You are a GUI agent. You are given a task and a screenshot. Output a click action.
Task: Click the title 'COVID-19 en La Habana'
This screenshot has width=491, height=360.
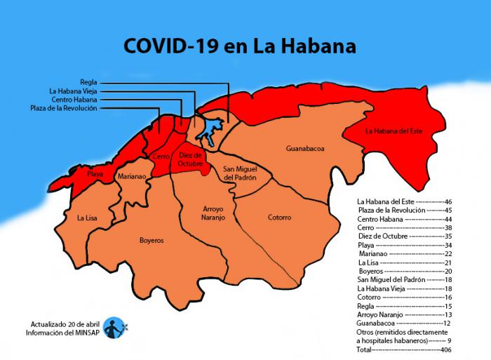239,46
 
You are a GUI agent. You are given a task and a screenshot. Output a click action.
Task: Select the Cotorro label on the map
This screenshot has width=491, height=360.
279,218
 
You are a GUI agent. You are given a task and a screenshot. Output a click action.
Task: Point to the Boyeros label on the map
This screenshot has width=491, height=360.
152,240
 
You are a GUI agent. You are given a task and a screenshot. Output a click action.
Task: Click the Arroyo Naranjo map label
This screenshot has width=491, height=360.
213,213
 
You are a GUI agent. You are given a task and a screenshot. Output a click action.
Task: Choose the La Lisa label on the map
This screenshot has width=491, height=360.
87,218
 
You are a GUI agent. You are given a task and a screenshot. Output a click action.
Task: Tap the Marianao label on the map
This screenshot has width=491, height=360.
132,177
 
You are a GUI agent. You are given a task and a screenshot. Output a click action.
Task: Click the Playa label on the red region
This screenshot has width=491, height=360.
96,173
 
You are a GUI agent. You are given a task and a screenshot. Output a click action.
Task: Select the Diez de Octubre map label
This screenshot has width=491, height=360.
190,159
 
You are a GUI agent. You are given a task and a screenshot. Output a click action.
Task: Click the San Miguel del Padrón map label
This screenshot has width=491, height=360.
240,173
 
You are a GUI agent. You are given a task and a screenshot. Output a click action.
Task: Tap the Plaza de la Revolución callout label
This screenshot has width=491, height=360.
64,108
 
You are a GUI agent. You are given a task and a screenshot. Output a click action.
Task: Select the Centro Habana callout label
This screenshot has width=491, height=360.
74,100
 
